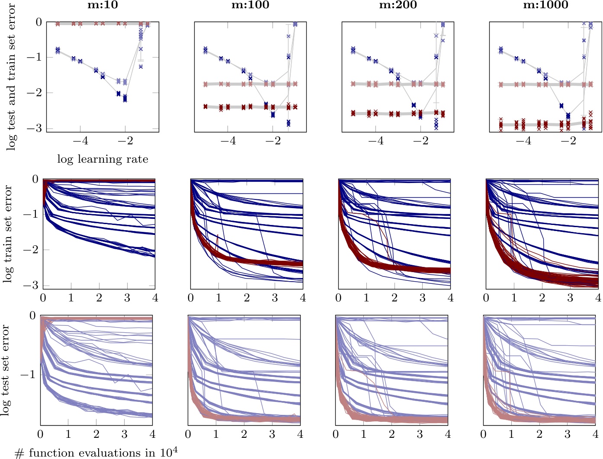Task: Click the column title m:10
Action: [x=103, y=5]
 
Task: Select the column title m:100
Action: [x=250, y=5]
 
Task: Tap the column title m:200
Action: [x=398, y=5]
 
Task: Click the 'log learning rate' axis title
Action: [x=103, y=159]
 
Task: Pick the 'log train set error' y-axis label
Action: [x=8, y=234]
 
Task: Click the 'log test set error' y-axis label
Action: [x=5, y=370]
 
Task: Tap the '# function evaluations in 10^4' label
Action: [x=96, y=453]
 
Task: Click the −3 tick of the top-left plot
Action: [x=36, y=128]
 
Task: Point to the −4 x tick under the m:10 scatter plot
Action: [x=80, y=141]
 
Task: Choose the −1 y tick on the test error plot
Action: [x=29, y=374]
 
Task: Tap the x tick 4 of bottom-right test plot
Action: [x=595, y=434]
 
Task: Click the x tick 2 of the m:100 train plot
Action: [x=247, y=298]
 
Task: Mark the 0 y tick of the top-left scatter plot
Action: [x=39, y=22]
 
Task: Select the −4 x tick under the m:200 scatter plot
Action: [x=375, y=141]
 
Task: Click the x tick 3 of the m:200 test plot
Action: [x=420, y=434]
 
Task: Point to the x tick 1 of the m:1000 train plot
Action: [x=514, y=298]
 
